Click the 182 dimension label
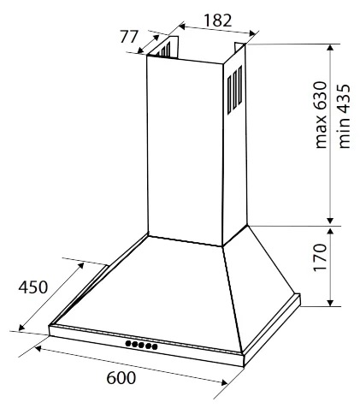click(x=218, y=21)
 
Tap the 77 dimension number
click(x=129, y=37)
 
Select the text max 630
click(x=320, y=115)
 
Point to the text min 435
click(x=344, y=115)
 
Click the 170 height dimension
click(x=320, y=257)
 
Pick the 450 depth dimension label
click(x=32, y=287)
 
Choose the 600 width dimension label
click(x=121, y=378)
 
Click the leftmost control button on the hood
click(x=128, y=343)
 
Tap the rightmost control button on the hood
click(x=155, y=346)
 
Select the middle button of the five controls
click(x=141, y=345)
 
